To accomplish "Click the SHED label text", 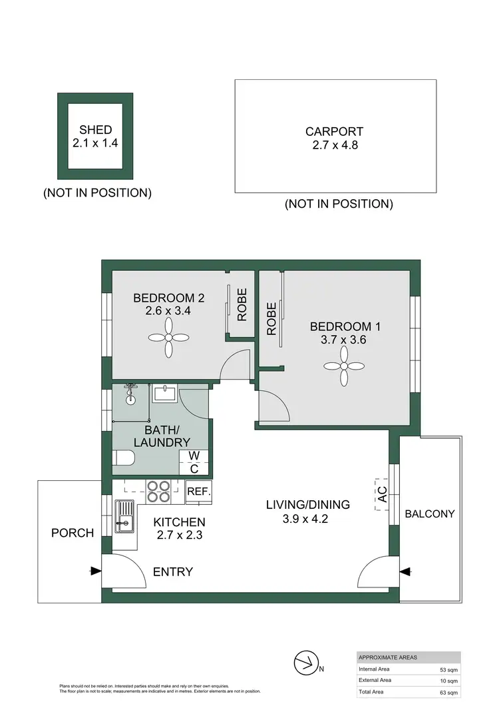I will point(96,130).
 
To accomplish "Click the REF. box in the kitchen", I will point(199,492).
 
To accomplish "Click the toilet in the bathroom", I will point(123,458).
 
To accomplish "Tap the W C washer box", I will point(194,462).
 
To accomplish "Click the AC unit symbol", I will point(381,495).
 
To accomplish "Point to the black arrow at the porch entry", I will point(96,571).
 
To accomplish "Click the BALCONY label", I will point(430,514).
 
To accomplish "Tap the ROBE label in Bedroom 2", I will point(242,304).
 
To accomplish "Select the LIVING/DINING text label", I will point(307,505).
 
